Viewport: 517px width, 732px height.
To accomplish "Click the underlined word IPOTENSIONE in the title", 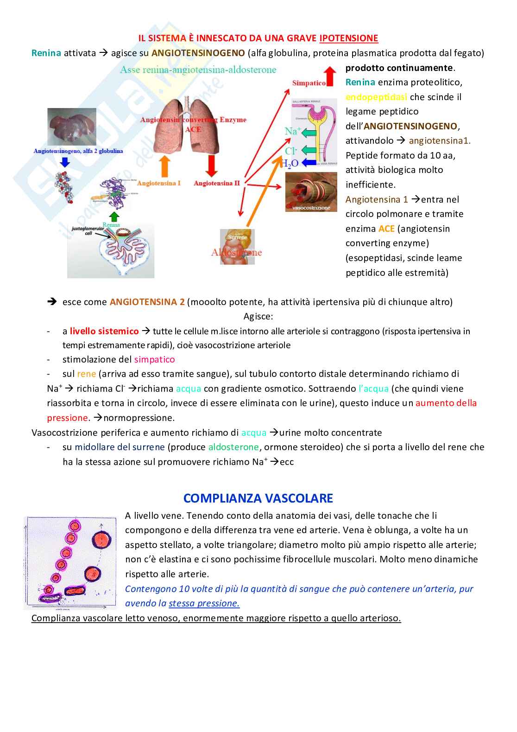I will click(x=348, y=38).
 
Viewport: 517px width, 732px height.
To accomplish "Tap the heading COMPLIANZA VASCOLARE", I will click(x=258, y=498).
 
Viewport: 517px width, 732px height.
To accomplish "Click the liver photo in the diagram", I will click(x=72, y=127).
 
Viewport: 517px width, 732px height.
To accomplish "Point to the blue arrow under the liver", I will click(x=65, y=162).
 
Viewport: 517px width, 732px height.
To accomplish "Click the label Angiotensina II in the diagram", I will click(x=216, y=183).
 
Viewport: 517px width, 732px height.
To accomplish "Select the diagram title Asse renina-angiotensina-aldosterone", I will click(x=198, y=70).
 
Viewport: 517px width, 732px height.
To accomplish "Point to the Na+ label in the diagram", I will click(x=292, y=132).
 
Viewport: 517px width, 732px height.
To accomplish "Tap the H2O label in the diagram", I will click(x=290, y=163).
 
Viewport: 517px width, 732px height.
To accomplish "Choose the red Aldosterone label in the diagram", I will click(x=236, y=253).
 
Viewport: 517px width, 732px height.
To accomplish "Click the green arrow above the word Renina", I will click(x=114, y=217).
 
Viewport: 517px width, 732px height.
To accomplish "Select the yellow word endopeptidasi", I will click(x=376, y=97).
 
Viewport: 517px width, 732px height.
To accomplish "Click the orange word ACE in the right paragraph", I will click(x=386, y=229).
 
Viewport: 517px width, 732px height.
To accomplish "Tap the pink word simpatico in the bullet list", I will click(x=154, y=360).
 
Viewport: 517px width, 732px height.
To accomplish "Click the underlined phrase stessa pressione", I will click(x=204, y=604).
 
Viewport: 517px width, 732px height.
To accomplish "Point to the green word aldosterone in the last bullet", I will click(x=233, y=447).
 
